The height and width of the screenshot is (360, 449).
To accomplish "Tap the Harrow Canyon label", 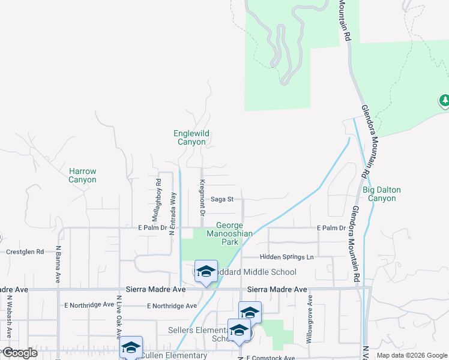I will click(82, 175).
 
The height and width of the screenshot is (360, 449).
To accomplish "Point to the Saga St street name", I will click(226, 199).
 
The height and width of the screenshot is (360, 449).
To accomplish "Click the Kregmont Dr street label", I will click(202, 197).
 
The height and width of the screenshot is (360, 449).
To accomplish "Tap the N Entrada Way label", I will click(172, 213).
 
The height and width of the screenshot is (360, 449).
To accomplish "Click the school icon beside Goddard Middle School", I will click(206, 272).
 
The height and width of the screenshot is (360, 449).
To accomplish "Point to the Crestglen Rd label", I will click(25, 252).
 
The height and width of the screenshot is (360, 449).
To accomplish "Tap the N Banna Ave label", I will click(58, 264).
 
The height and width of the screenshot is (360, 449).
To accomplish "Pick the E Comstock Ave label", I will click(270, 358).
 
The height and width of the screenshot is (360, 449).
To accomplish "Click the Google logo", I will click(19, 353).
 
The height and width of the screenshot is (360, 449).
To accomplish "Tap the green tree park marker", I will click(445, 101).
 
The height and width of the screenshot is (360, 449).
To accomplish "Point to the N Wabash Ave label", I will click(10, 318).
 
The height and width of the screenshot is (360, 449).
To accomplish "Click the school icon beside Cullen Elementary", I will click(131, 347).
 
